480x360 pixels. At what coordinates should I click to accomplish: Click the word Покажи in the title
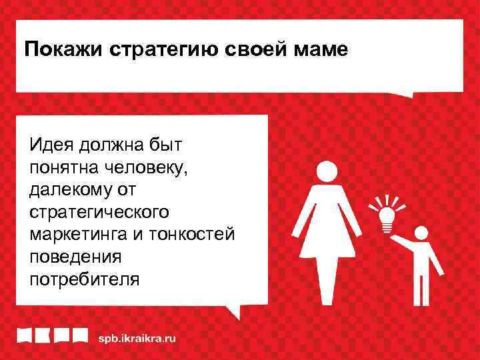click(57, 50)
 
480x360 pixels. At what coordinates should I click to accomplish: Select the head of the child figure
click(420, 234)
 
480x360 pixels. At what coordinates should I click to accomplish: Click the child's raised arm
click(401, 241)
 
